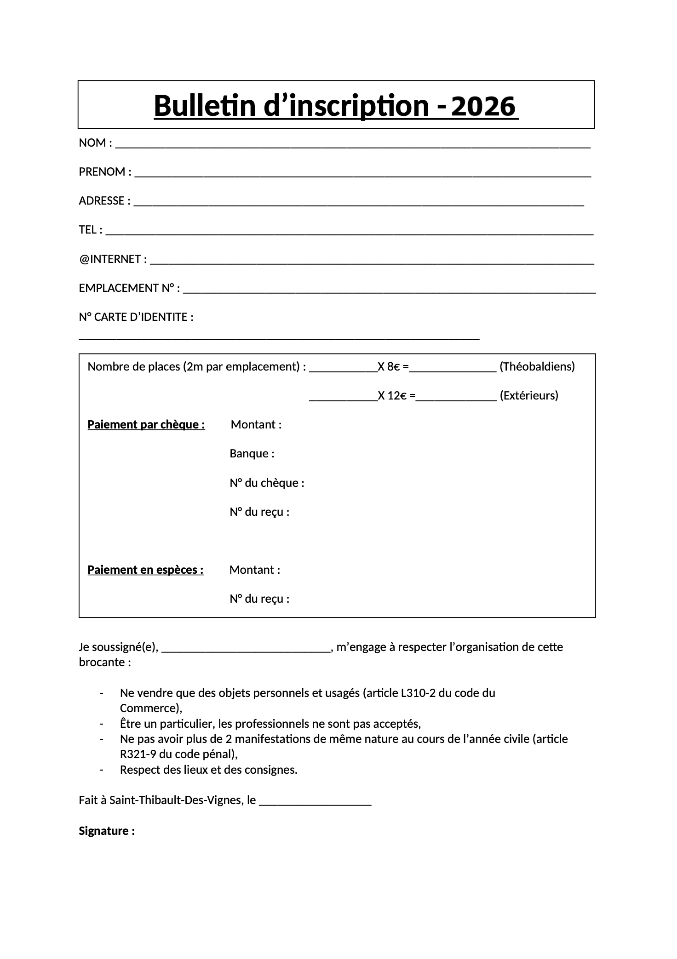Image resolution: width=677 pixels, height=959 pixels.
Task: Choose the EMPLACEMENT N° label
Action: click(129, 288)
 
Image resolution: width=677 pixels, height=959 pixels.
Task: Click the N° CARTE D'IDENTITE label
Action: click(136, 317)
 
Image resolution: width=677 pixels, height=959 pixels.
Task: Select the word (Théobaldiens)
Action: click(537, 366)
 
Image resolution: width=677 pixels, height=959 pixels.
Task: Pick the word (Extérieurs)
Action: click(529, 395)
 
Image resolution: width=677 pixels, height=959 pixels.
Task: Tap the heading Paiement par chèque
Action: click(146, 424)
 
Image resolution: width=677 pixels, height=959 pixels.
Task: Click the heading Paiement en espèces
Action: click(145, 570)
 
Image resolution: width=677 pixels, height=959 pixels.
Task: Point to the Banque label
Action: click(252, 454)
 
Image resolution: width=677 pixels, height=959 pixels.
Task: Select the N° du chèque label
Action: click(267, 483)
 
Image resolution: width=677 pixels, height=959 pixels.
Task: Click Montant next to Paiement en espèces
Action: click(255, 570)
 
